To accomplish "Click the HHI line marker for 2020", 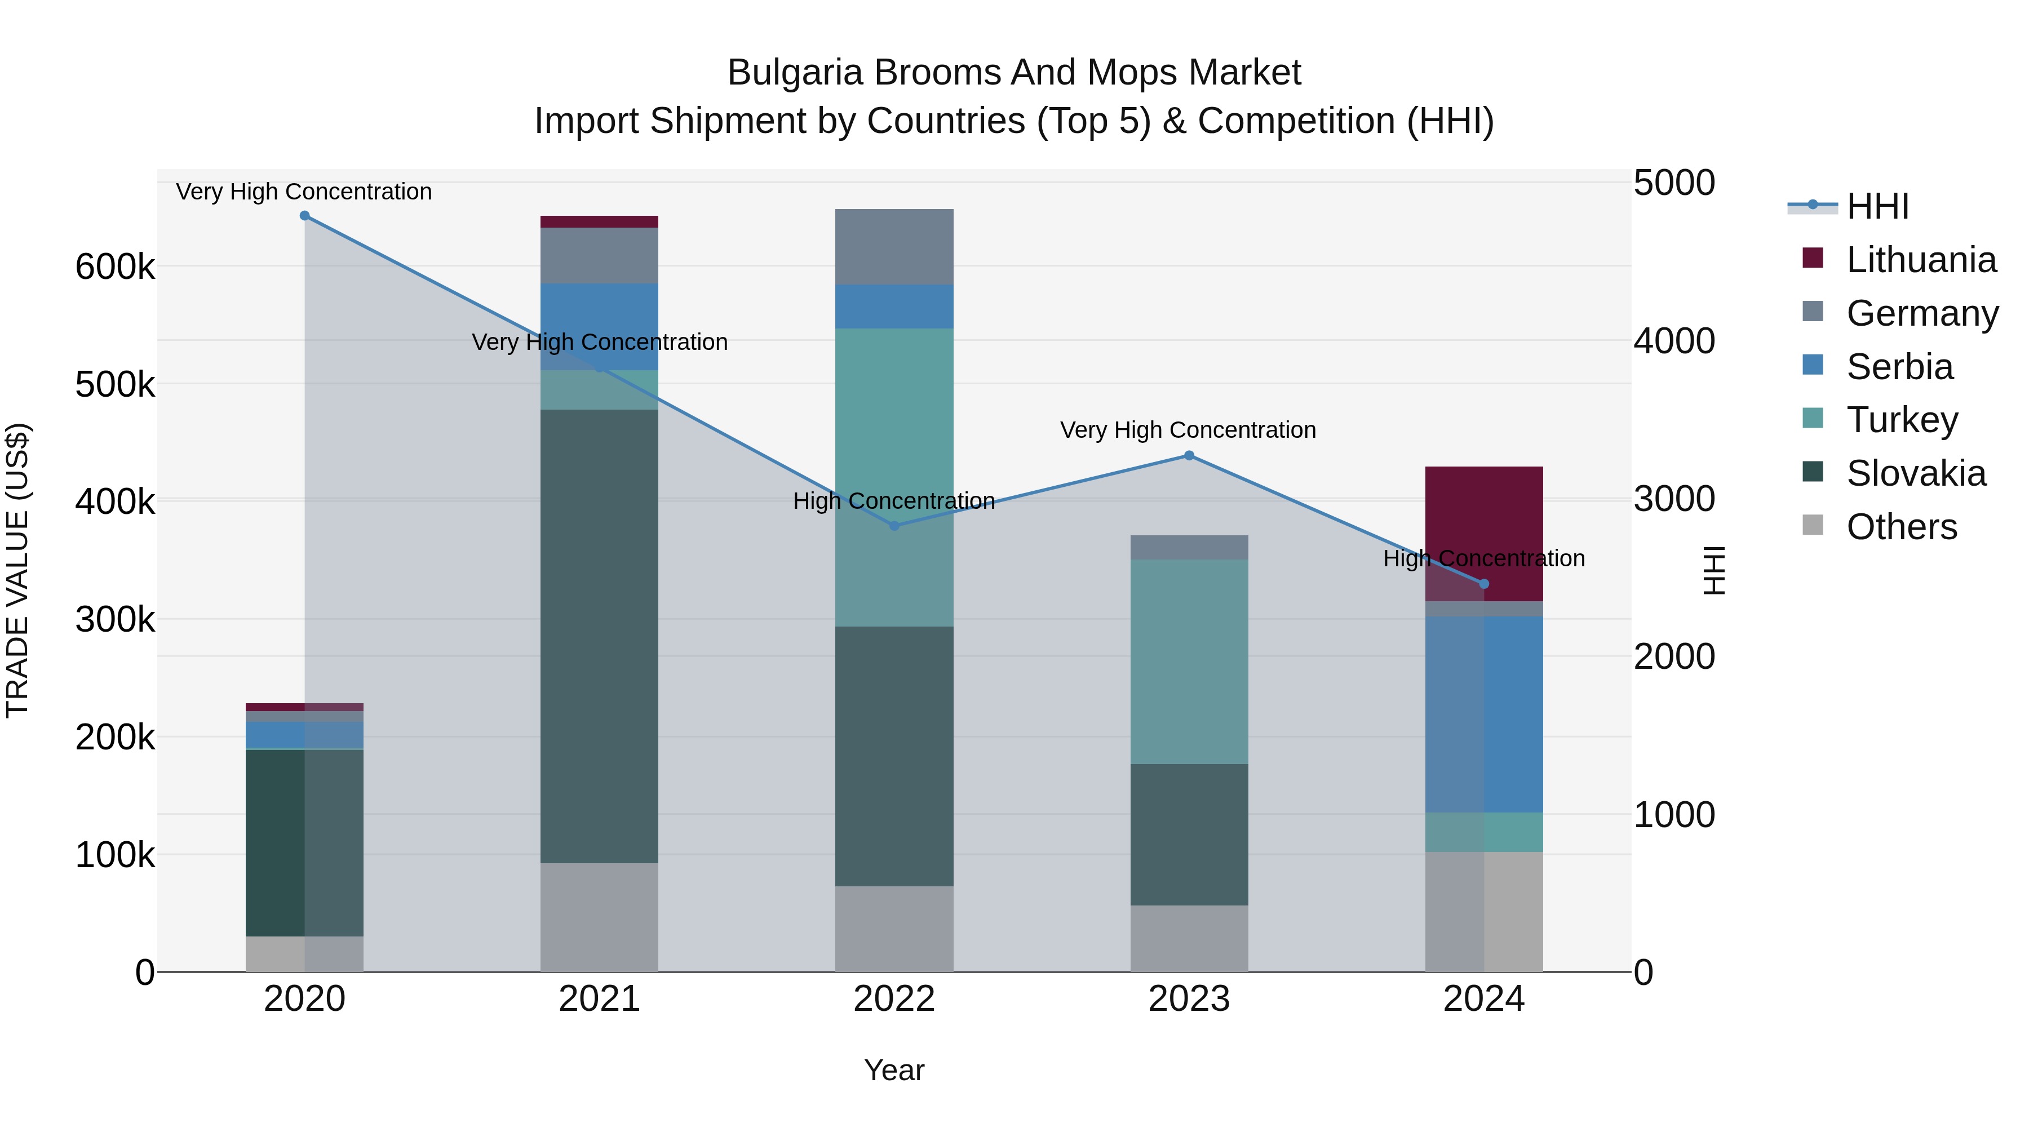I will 305,216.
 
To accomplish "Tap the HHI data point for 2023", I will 1189,455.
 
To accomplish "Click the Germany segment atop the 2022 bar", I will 894,246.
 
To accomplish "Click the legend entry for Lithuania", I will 1920,260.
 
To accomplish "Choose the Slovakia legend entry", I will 1916,473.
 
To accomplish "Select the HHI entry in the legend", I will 1877,206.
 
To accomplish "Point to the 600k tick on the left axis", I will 115,267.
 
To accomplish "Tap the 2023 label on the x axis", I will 1189,999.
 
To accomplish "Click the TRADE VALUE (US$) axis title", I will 17,570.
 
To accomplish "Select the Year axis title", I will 894,1070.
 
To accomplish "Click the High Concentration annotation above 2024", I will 1484,558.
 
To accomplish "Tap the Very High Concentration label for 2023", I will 1188,430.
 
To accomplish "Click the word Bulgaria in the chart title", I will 795,73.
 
